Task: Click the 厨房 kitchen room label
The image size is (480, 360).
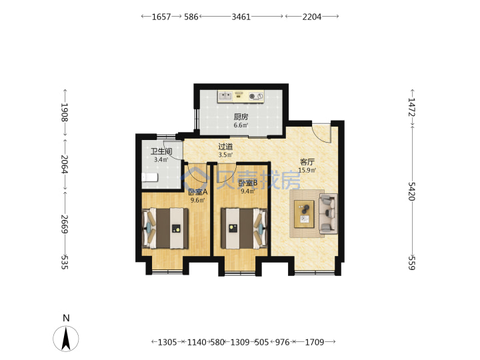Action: (241, 117)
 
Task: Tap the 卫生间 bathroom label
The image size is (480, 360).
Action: (161, 151)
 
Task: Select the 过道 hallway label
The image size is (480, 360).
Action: (225, 147)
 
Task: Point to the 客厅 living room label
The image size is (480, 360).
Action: (307, 162)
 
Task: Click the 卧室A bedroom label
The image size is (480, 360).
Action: (198, 192)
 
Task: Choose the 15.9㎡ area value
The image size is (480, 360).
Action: (307, 170)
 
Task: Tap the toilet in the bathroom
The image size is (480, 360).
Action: (150, 177)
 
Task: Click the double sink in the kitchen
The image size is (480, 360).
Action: (225, 96)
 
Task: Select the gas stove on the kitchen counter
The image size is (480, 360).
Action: (256, 97)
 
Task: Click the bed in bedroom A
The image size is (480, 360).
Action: (165, 229)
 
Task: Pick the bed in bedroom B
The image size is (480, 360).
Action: (244, 229)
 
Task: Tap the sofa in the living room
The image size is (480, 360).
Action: (328, 214)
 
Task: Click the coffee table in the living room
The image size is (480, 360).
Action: (304, 214)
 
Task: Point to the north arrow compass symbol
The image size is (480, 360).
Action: (66, 338)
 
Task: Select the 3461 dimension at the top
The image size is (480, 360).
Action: (241, 17)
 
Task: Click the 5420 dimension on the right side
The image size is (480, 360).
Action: (412, 191)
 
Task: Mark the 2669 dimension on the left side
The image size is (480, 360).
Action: (64, 224)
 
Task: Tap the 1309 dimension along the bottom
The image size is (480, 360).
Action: (240, 342)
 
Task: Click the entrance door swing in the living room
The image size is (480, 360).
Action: (322, 133)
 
